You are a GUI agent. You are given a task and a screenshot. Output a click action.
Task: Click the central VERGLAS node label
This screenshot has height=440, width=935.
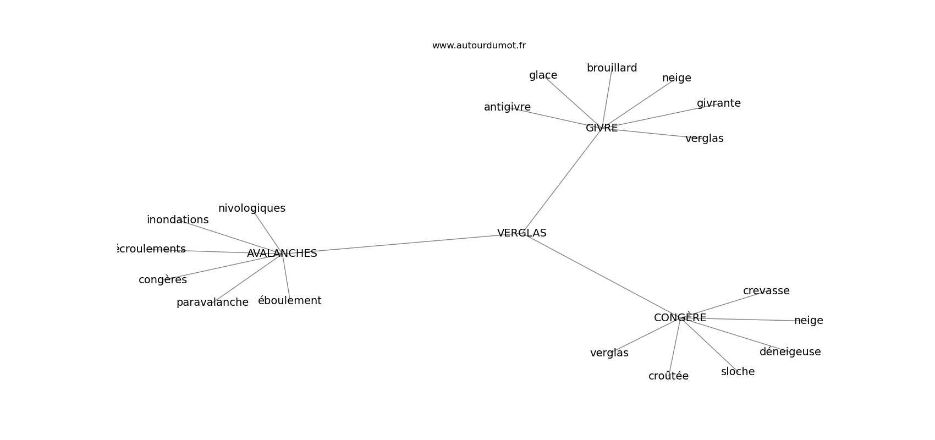point(521,233)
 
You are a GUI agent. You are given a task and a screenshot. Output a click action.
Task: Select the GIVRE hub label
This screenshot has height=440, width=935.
point(601,128)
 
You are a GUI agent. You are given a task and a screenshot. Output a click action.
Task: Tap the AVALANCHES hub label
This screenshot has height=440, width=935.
point(282,254)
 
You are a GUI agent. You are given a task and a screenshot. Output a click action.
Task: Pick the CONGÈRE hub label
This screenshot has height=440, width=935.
point(680,318)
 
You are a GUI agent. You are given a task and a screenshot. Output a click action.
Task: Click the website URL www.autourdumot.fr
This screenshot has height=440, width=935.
point(479,46)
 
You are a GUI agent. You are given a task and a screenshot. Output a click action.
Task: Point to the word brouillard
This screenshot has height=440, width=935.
point(612,68)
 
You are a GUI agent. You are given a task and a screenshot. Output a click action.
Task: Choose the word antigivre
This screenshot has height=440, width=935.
point(507,107)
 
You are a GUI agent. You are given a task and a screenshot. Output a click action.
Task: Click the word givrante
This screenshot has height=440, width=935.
point(718,103)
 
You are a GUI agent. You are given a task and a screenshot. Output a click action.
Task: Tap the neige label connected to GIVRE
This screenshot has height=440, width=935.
point(676,78)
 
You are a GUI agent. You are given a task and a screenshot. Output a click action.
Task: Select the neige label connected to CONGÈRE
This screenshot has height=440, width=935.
point(809,321)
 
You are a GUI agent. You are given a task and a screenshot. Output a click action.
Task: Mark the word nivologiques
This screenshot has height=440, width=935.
point(252,208)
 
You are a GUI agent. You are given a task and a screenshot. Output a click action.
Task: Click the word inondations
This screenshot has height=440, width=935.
point(178,220)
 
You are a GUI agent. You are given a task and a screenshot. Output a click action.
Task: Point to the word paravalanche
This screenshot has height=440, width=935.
point(212,302)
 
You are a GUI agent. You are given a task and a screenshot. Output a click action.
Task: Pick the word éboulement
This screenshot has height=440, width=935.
point(289,301)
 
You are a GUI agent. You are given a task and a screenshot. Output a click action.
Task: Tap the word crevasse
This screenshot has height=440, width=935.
point(766,291)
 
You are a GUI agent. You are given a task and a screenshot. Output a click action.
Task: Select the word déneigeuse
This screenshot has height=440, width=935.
point(790,352)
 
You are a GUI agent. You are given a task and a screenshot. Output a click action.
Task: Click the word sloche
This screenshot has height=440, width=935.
point(738,372)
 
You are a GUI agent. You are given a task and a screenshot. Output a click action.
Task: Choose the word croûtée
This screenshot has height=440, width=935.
point(668,376)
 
